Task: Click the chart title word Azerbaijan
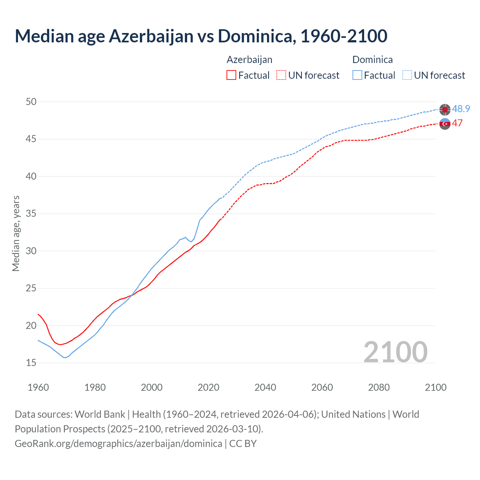click(x=151, y=36)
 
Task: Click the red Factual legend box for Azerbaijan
click(x=231, y=75)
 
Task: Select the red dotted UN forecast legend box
click(x=281, y=75)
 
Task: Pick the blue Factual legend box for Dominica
click(x=357, y=75)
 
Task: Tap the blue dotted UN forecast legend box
click(x=407, y=75)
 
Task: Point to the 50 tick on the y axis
click(x=31, y=102)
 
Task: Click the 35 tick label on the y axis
click(x=31, y=214)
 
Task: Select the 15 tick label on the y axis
click(x=31, y=363)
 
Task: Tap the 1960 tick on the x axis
click(x=38, y=387)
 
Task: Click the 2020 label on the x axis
click(x=208, y=387)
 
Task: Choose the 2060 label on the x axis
click(x=322, y=387)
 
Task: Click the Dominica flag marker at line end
click(x=445, y=109)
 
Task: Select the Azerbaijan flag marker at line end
click(x=445, y=124)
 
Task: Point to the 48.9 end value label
click(x=461, y=109)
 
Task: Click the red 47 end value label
click(x=457, y=123)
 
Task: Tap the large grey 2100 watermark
click(x=395, y=352)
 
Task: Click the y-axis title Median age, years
click(x=16, y=233)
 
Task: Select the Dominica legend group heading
click(x=372, y=60)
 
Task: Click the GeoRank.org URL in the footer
click(x=118, y=444)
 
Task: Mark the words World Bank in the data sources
click(x=100, y=414)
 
